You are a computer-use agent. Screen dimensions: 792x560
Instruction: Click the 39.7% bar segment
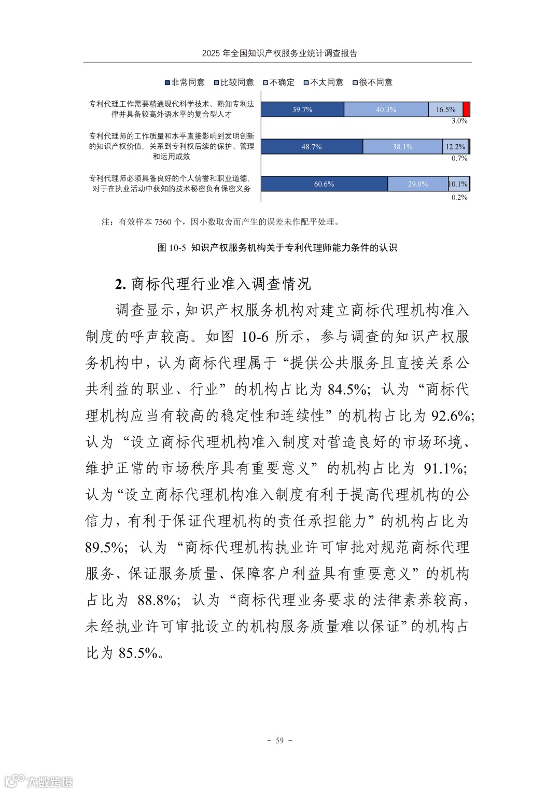click(302, 109)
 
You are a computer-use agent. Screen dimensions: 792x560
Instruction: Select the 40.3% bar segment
click(386, 109)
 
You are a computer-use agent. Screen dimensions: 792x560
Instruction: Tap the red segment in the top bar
click(466, 109)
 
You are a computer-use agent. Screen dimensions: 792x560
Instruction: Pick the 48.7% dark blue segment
click(311, 147)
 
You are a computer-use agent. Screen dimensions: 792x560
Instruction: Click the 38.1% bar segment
click(402, 147)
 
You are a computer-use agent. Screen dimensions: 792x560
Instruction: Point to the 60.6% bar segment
click(324, 184)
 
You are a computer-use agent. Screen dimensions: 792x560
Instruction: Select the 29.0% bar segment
click(417, 184)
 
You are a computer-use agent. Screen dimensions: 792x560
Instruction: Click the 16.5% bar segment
click(445, 109)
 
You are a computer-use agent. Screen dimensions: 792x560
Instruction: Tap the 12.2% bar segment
click(455, 147)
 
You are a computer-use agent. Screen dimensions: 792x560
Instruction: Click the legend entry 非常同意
click(185, 82)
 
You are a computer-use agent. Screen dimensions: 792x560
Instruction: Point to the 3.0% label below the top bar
click(459, 121)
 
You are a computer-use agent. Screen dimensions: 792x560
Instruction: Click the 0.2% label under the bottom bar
click(459, 198)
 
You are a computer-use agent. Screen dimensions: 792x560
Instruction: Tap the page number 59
click(279, 741)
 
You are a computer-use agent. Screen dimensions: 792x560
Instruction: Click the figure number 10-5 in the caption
click(177, 248)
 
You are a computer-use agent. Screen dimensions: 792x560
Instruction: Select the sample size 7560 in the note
click(162, 222)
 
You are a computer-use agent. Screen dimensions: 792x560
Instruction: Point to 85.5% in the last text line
click(138, 652)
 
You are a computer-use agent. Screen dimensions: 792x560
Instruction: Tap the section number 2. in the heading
click(121, 284)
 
